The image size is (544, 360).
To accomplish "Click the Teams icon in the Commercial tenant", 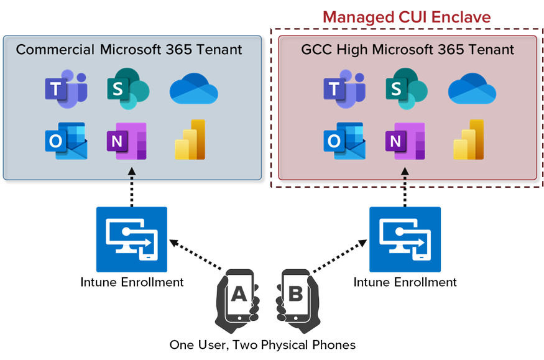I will tap(65, 89).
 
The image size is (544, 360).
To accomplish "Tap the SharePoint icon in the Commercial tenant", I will tap(127, 89).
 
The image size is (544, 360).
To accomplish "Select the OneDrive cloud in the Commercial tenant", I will tap(193, 90).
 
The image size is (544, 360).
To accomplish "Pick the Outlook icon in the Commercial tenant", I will tap(65, 141).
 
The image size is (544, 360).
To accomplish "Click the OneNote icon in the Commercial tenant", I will tap(126, 141).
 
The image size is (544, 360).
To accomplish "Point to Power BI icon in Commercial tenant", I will tap(190, 140).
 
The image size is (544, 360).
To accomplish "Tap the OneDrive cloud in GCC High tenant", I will tap(472, 90).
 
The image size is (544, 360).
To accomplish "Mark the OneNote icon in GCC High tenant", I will tap(405, 141).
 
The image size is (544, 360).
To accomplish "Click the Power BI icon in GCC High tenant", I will tap(469, 140).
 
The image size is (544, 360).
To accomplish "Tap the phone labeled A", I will tap(239, 295).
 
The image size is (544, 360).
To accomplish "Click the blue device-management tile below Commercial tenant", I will tap(132, 239).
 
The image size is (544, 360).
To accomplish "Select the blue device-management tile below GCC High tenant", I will tap(405, 239).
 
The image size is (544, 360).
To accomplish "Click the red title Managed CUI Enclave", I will tap(406, 17).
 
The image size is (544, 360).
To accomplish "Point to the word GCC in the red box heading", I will tap(316, 50).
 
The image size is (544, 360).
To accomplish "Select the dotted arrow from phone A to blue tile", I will tap(197, 257).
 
